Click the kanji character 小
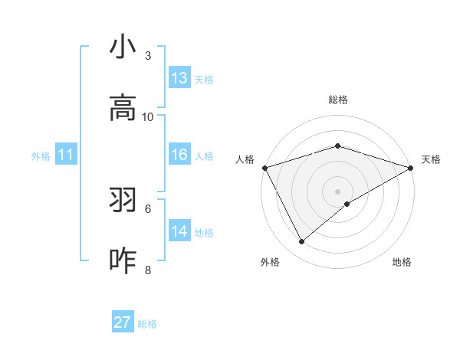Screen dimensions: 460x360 coord(123,47)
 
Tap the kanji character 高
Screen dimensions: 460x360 coord(123,109)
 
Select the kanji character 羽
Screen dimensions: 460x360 coord(123,201)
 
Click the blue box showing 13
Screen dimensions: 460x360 coord(179,78)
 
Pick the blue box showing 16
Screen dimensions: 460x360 coord(179,155)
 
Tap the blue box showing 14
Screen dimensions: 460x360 coord(179,231)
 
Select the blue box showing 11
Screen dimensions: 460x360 coord(66,155)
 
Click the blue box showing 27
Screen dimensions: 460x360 coord(123,322)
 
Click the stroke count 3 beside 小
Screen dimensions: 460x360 coord(148,56)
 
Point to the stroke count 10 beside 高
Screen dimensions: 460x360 coord(148,116)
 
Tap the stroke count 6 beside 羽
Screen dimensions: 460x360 coord(148,208)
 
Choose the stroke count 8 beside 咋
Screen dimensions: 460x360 coord(148,270)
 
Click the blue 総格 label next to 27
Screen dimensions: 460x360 coord(147,324)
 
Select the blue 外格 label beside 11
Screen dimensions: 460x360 coord(41,156)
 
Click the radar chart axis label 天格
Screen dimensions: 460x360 coord(431,159)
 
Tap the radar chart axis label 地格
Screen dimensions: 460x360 coord(402,262)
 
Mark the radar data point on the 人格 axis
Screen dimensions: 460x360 coord(264,168)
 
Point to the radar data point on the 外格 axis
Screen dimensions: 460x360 coord(302,242)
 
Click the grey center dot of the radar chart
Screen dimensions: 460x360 coord(337,191)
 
